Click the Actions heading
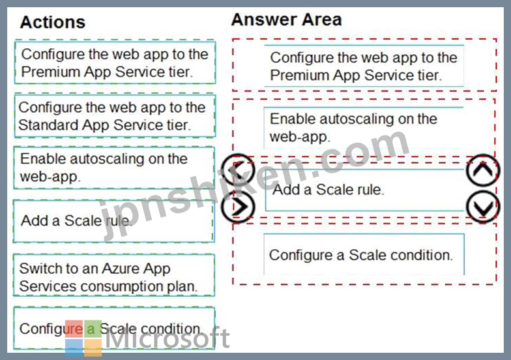(53, 22)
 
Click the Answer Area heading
(287, 20)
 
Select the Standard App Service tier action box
(115, 116)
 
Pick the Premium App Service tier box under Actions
(115, 63)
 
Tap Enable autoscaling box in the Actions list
(114, 168)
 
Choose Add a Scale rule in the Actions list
(114, 221)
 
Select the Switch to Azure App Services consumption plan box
(114, 275)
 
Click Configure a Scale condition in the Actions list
(114, 329)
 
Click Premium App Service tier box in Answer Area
(364, 66)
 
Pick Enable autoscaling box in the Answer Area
(364, 128)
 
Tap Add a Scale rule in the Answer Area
(364, 190)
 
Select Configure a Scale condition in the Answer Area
(364, 254)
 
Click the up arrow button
(482, 170)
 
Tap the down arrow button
(482, 207)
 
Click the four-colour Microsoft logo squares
(83, 338)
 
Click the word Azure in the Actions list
(121, 269)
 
